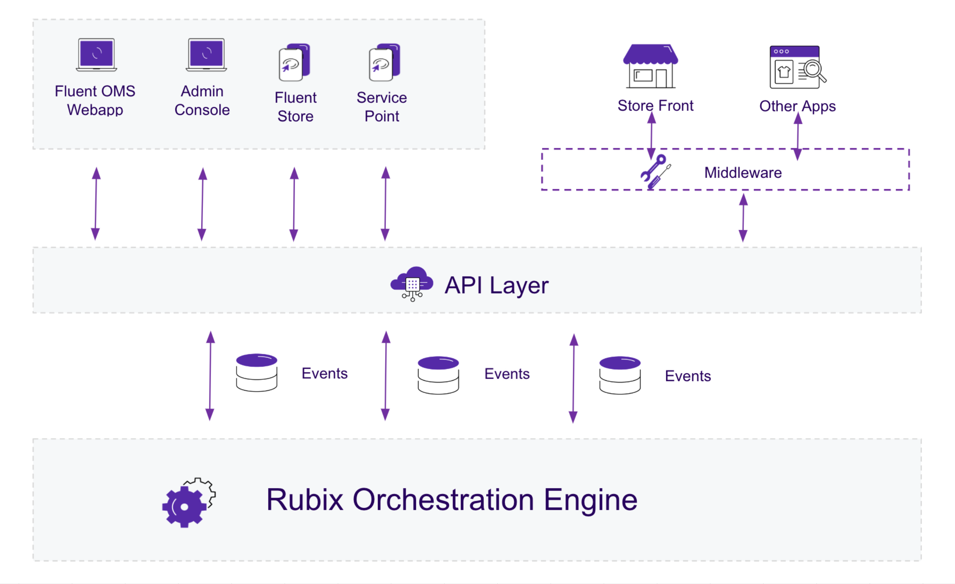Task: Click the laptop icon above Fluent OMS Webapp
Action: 96,55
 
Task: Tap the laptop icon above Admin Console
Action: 206,55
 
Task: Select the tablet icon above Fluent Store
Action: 294,63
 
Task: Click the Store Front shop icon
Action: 651,66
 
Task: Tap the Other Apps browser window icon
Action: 797,68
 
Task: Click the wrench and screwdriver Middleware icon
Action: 655,171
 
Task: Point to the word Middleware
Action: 743,173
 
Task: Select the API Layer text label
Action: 496,286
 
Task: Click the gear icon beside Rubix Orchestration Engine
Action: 188,503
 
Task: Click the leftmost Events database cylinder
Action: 257,373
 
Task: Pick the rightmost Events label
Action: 688,376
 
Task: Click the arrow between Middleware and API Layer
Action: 743,218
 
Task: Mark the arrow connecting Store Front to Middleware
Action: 652,136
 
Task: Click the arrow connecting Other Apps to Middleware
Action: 798,136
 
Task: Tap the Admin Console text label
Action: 202,101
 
